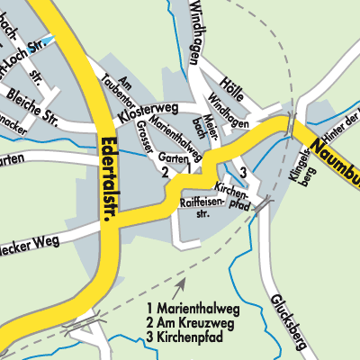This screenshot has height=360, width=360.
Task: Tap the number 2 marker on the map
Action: [164, 172]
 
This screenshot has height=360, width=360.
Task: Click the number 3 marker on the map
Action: [244, 171]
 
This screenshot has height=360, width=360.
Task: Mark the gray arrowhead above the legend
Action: [183, 283]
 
